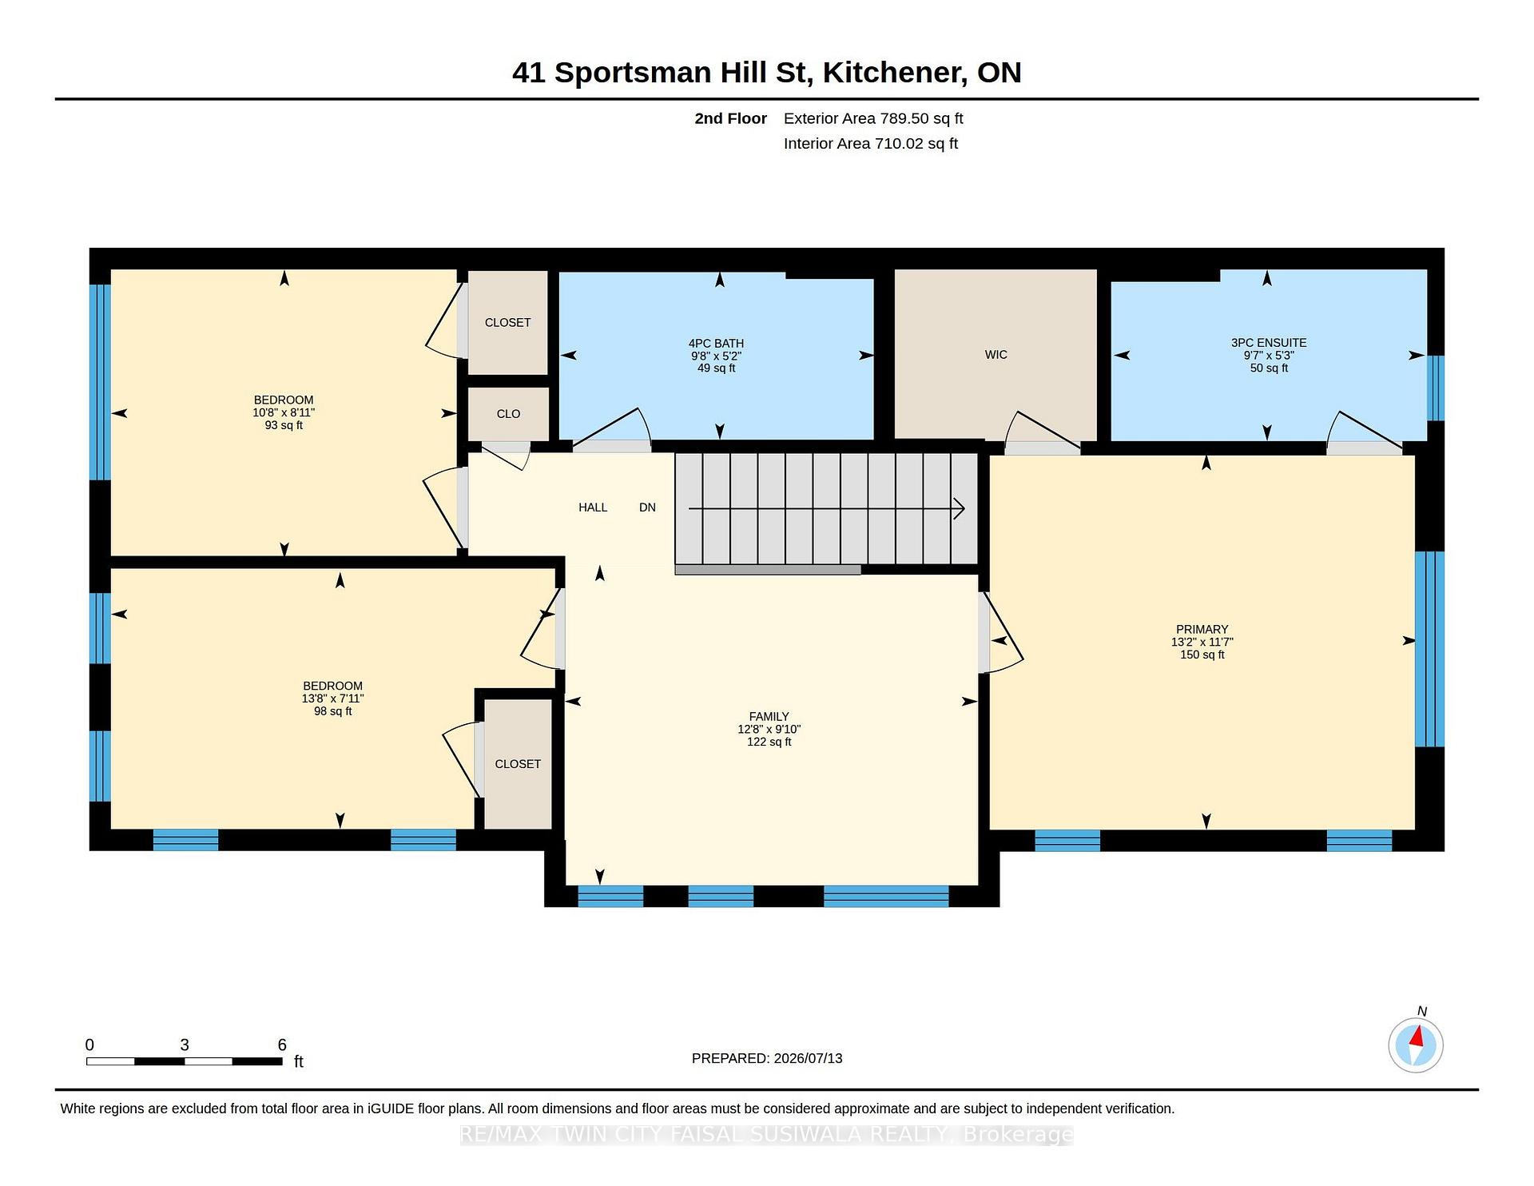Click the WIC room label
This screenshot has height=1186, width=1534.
pyautogui.click(x=996, y=355)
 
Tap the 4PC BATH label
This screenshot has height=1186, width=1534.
pyautogui.click(x=716, y=344)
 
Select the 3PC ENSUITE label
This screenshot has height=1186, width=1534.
pyautogui.click(x=1269, y=343)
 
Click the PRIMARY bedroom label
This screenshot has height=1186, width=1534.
pyautogui.click(x=1202, y=630)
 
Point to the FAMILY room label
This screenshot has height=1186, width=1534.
pyautogui.click(x=769, y=717)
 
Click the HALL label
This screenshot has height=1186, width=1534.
pyautogui.click(x=593, y=507)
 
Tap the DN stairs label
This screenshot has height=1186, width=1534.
pyautogui.click(x=647, y=507)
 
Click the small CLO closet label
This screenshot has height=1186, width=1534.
pyautogui.click(x=508, y=414)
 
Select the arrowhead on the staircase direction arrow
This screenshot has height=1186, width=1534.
pyautogui.click(x=960, y=508)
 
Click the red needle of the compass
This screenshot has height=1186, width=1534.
pyautogui.click(x=1417, y=1037)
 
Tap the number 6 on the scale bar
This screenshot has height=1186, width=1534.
pyautogui.click(x=282, y=1045)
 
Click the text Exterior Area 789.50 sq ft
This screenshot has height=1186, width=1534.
pyautogui.click(x=873, y=119)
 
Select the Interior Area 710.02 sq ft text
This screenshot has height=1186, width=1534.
pyautogui.click(x=870, y=144)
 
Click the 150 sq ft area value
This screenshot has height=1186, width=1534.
pyautogui.click(x=1202, y=655)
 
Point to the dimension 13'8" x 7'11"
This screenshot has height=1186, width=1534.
pyautogui.click(x=332, y=698)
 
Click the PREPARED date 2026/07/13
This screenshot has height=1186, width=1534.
pyautogui.click(x=808, y=1059)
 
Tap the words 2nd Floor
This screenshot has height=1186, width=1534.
pyautogui.click(x=730, y=119)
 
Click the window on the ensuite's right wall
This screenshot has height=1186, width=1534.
pyautogui.click(x=1435, y=388)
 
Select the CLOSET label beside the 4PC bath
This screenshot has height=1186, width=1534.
pyautogui.click(x=507, y=323)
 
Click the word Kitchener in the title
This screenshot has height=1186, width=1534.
pyautogui.click(x=892, y=73)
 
